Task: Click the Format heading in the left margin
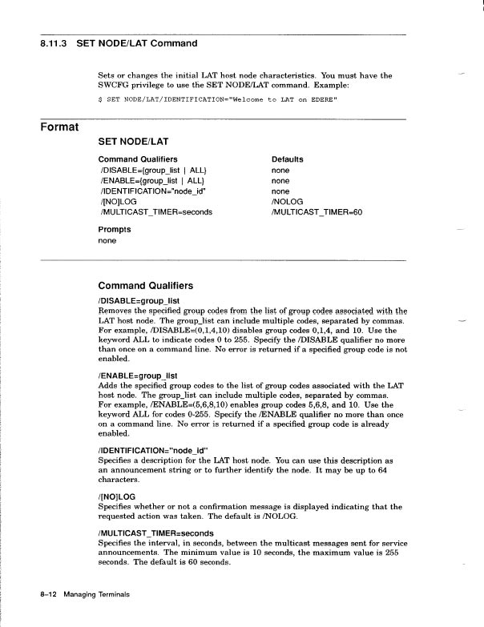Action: [x=60, y=127]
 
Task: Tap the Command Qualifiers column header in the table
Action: [x=137, y=159]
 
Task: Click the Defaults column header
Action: [x=287, y=159]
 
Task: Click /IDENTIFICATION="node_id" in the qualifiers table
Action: [x=155, y=192]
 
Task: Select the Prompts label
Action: [x=115, y=229]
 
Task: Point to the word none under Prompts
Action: [x=107, y=240]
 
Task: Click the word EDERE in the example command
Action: [x=322, y=99]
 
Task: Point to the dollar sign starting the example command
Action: [x=99, y=99]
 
